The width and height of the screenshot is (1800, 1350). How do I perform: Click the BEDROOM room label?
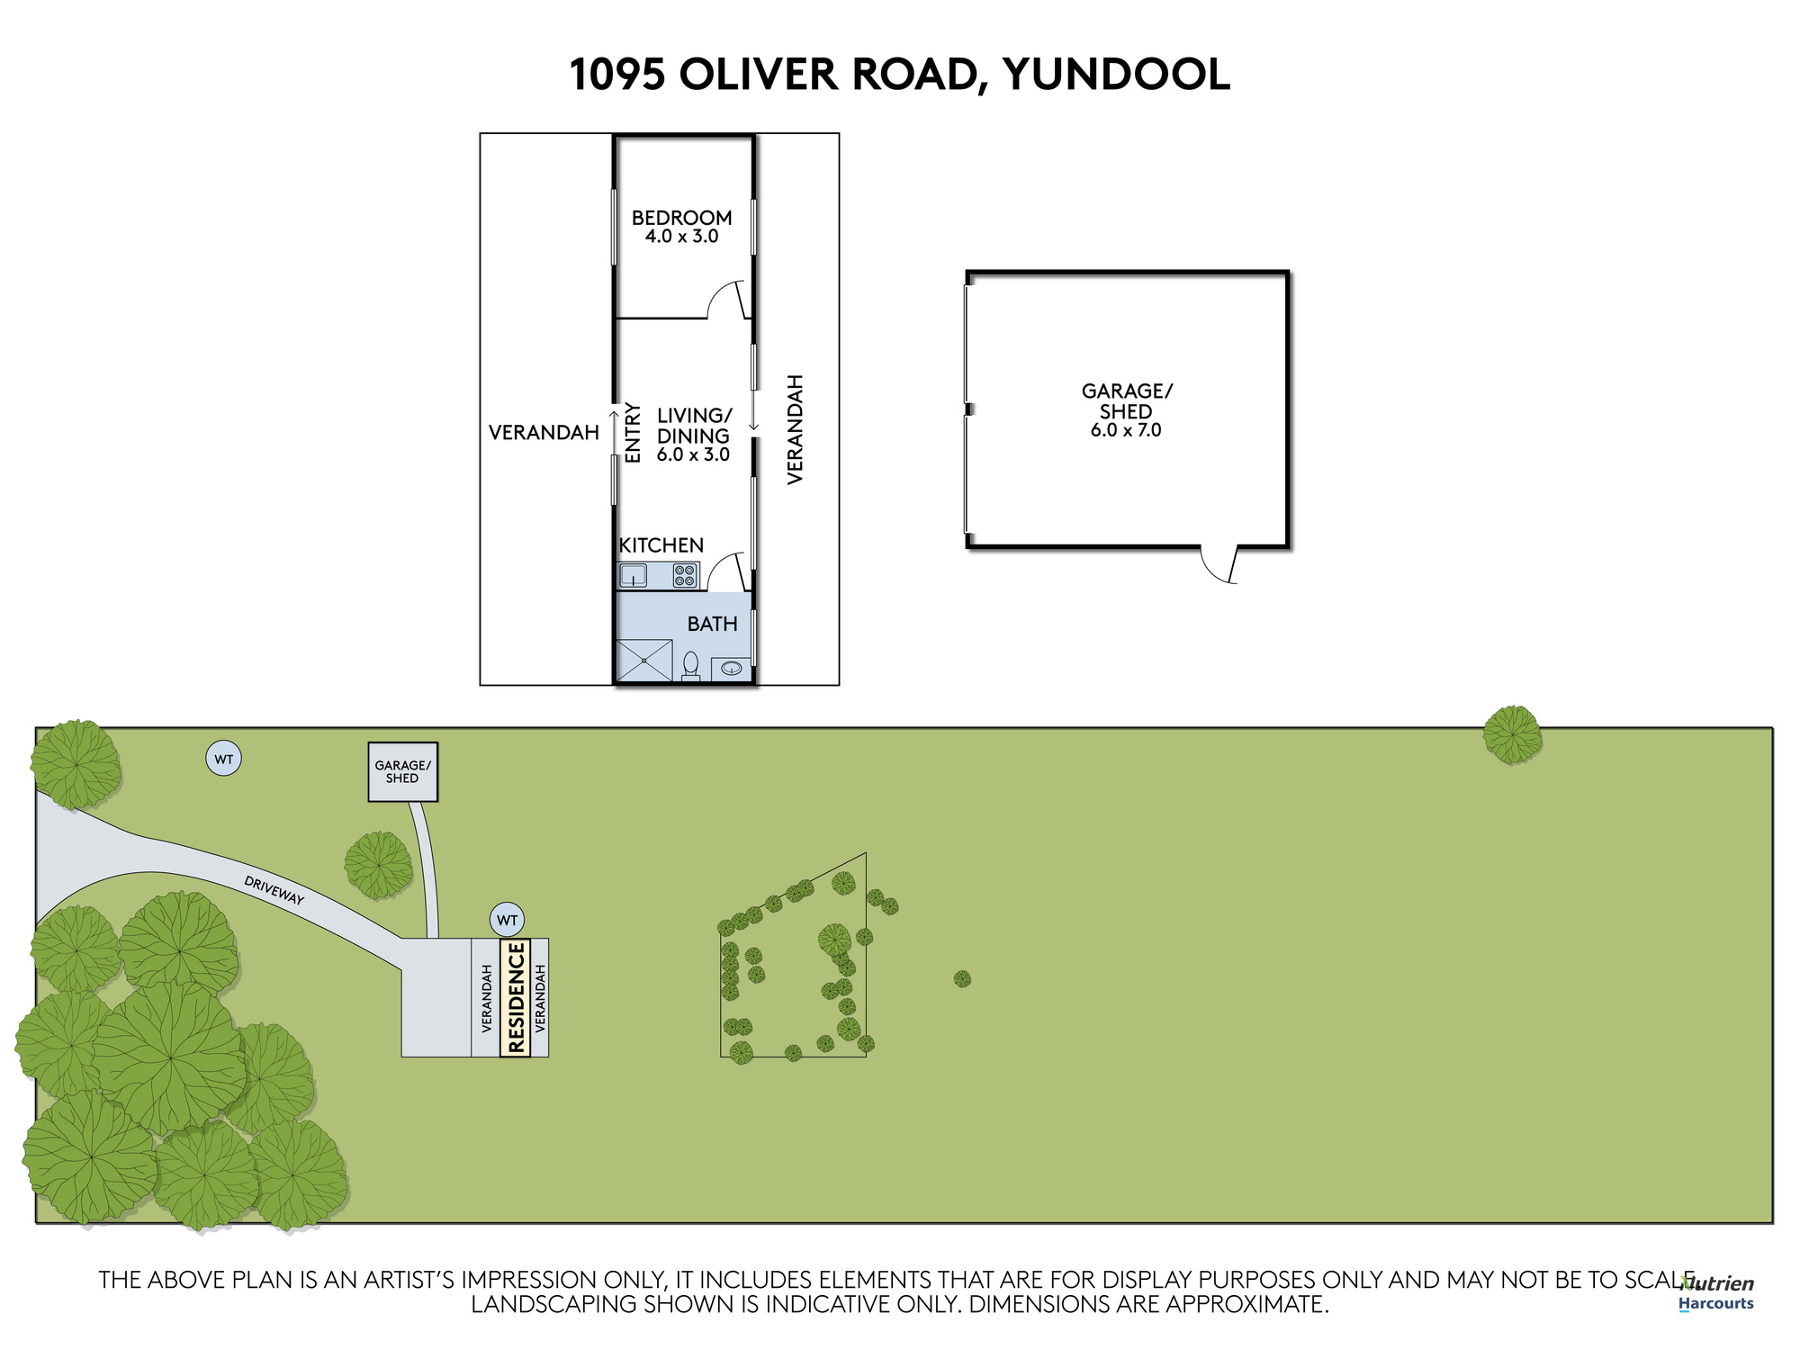(681, 218)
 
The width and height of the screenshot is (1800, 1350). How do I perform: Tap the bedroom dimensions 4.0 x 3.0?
(681, 237)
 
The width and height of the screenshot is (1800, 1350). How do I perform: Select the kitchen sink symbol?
(634, 575)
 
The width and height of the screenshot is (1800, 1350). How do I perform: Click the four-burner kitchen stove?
(685, 575)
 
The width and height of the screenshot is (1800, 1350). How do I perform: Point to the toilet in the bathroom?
(690, 666)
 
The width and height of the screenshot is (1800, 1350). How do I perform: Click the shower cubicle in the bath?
(644, 660)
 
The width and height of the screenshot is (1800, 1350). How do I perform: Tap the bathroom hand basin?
(732, 669)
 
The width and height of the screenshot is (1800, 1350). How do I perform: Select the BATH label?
(712, 624)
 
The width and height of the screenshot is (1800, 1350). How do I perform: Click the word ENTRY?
(633, 433)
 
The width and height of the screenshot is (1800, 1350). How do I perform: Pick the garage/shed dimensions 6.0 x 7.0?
(1126, 430)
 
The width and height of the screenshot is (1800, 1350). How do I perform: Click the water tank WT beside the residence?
(508, 920)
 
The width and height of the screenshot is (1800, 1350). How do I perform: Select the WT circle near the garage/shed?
(224, 759)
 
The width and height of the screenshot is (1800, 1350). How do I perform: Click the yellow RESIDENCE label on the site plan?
(516, 997)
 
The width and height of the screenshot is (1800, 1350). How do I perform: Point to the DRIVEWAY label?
(274, 890)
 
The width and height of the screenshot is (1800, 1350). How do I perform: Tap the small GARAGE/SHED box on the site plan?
(402, 771)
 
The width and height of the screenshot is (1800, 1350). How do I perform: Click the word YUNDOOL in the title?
(1116, 75)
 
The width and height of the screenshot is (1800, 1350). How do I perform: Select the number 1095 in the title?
(617, 75)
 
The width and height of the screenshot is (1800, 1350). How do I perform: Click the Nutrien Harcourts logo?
(1716, 1293)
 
